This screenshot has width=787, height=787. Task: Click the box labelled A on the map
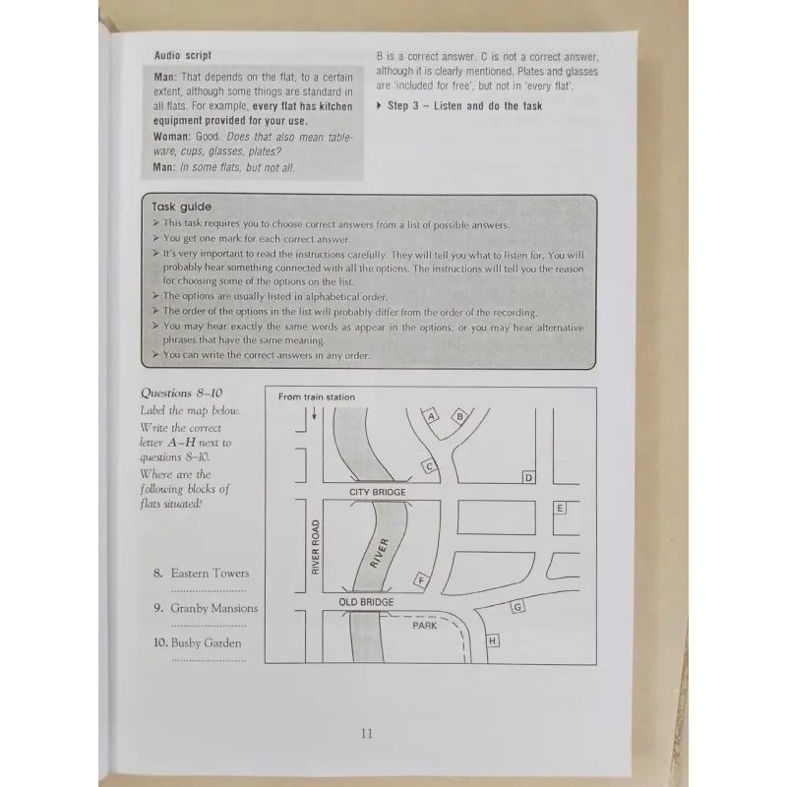431,416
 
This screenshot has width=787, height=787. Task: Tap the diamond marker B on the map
459,416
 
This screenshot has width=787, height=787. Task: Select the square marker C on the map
429,466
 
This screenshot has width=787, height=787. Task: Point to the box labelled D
528,477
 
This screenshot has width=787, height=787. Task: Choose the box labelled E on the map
560,508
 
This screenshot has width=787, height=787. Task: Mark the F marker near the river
421,580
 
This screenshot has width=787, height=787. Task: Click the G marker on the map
517,607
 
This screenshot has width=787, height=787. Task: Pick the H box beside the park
493,641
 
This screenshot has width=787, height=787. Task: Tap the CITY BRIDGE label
378,493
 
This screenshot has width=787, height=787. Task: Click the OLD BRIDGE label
366,602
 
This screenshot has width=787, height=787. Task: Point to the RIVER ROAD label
315,547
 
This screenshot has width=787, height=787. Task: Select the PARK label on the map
425,626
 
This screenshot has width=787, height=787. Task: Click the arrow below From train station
314,413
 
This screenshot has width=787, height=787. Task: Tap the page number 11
367,733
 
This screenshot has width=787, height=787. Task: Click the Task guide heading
182,207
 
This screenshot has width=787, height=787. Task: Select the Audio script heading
183,55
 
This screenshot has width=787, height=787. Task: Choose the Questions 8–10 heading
181,393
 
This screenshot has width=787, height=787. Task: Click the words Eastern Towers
210,574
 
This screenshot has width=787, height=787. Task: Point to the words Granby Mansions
214,608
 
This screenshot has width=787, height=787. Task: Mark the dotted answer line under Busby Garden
209,660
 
